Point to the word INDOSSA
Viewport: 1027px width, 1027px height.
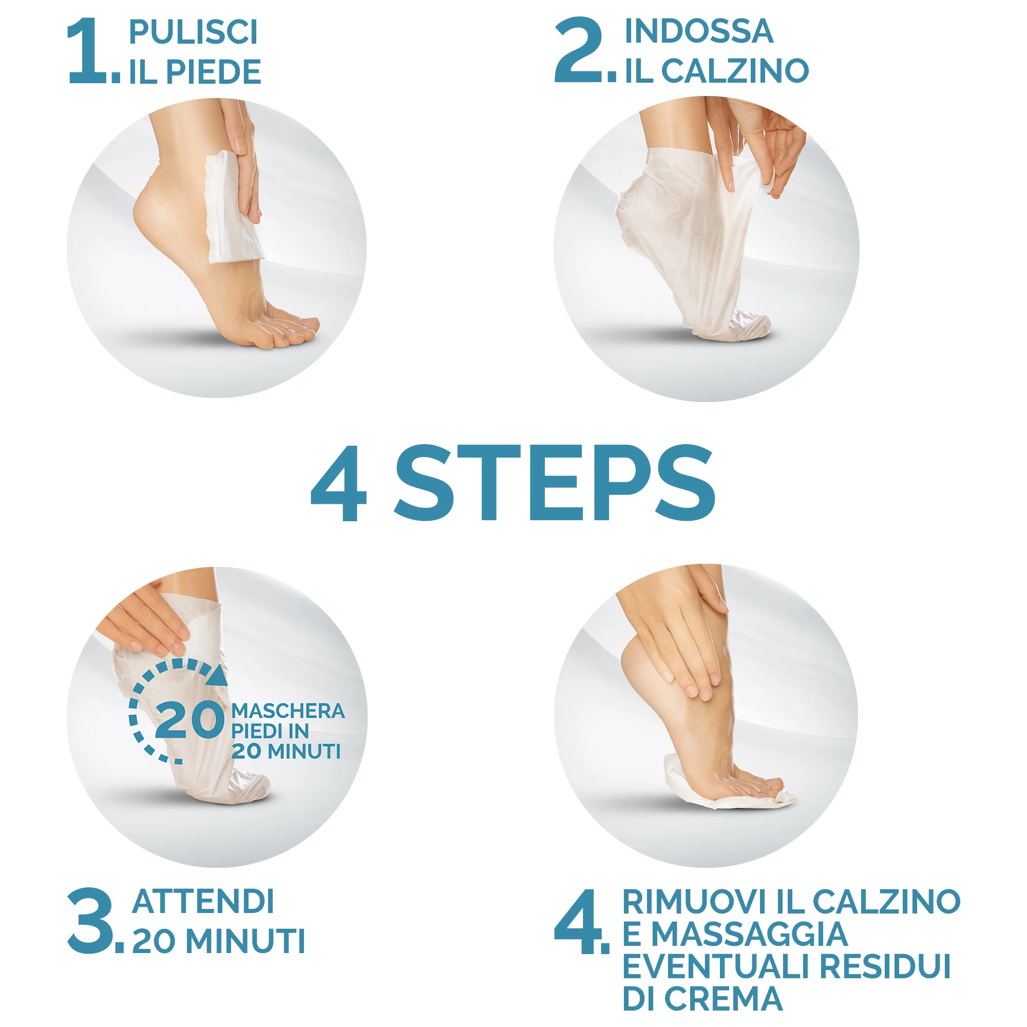[698, 31]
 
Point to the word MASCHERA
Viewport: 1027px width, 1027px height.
[288, 711]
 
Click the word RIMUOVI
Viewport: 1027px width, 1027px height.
[695, 902]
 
